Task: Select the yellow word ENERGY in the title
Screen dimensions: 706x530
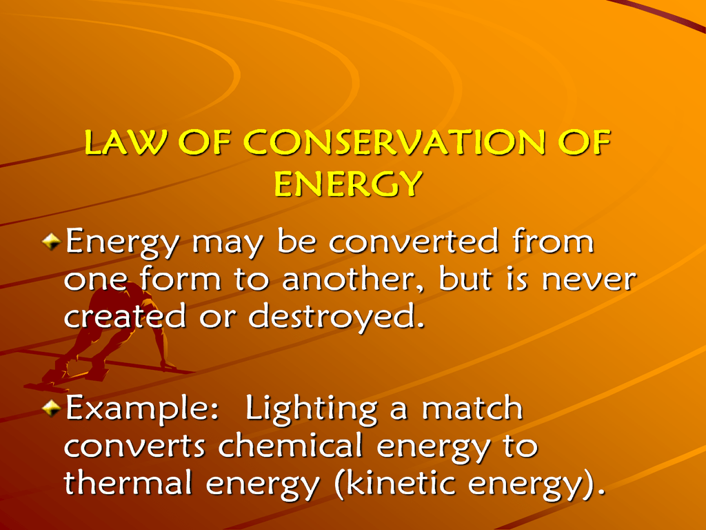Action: click(x=348, y=184)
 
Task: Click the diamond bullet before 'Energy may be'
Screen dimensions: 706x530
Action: click(x=51, y=242)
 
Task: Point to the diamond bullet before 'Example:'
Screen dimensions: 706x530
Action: click(x=51, y=408)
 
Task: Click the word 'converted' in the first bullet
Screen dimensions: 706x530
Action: click(x=414, y=242)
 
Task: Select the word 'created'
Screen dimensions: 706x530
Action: click(x=125, y=315)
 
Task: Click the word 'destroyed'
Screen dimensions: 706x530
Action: click(x=336, y=317)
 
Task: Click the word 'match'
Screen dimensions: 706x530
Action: click(x=472, y=408)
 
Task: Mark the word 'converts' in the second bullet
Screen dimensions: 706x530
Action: click(x=134, y=446)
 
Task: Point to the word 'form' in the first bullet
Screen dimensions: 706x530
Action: click(x=180, y=279)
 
